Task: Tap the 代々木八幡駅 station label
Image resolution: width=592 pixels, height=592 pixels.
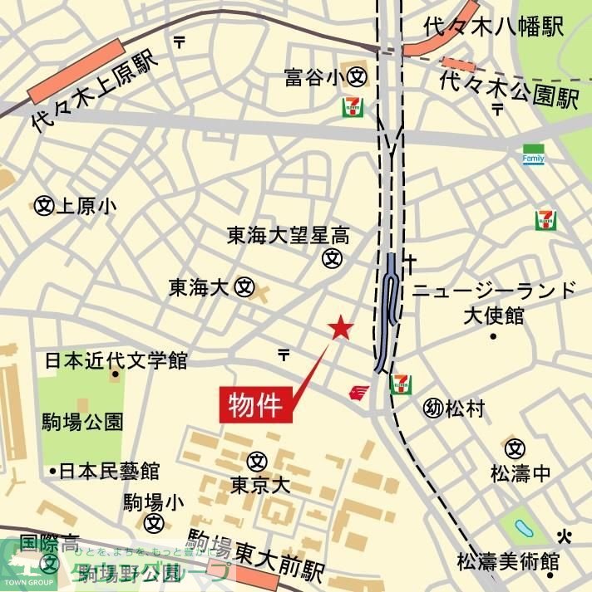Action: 493,25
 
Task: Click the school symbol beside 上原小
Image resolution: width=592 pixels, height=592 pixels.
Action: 44,205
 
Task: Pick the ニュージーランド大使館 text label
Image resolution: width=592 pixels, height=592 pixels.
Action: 494,302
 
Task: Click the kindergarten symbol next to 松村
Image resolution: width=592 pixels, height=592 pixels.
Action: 432,408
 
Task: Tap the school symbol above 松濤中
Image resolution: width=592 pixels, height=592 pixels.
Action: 516,448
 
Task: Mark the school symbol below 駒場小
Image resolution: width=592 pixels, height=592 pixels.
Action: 153,523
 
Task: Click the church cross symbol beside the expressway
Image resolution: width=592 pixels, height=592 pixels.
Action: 409,262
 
